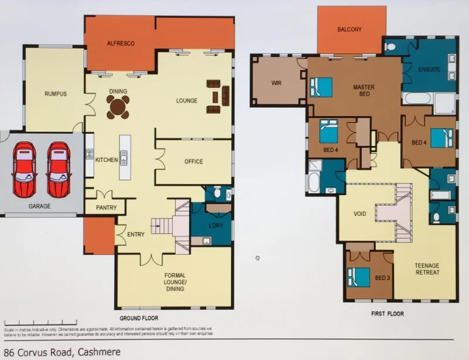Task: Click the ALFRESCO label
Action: point(121,43)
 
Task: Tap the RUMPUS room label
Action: point(56,94)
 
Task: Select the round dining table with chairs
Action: point(118,107)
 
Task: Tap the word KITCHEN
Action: point(107,160)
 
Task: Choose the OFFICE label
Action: point(193,162)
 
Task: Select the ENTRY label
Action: point(135,235)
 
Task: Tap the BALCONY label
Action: point(349,29)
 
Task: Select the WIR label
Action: point(277,83)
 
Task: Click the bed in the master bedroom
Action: point(320,87)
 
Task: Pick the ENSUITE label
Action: point(429,70)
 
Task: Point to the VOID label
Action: point(360,214)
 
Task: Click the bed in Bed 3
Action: point(359,276)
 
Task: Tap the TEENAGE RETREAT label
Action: point(427,269)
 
